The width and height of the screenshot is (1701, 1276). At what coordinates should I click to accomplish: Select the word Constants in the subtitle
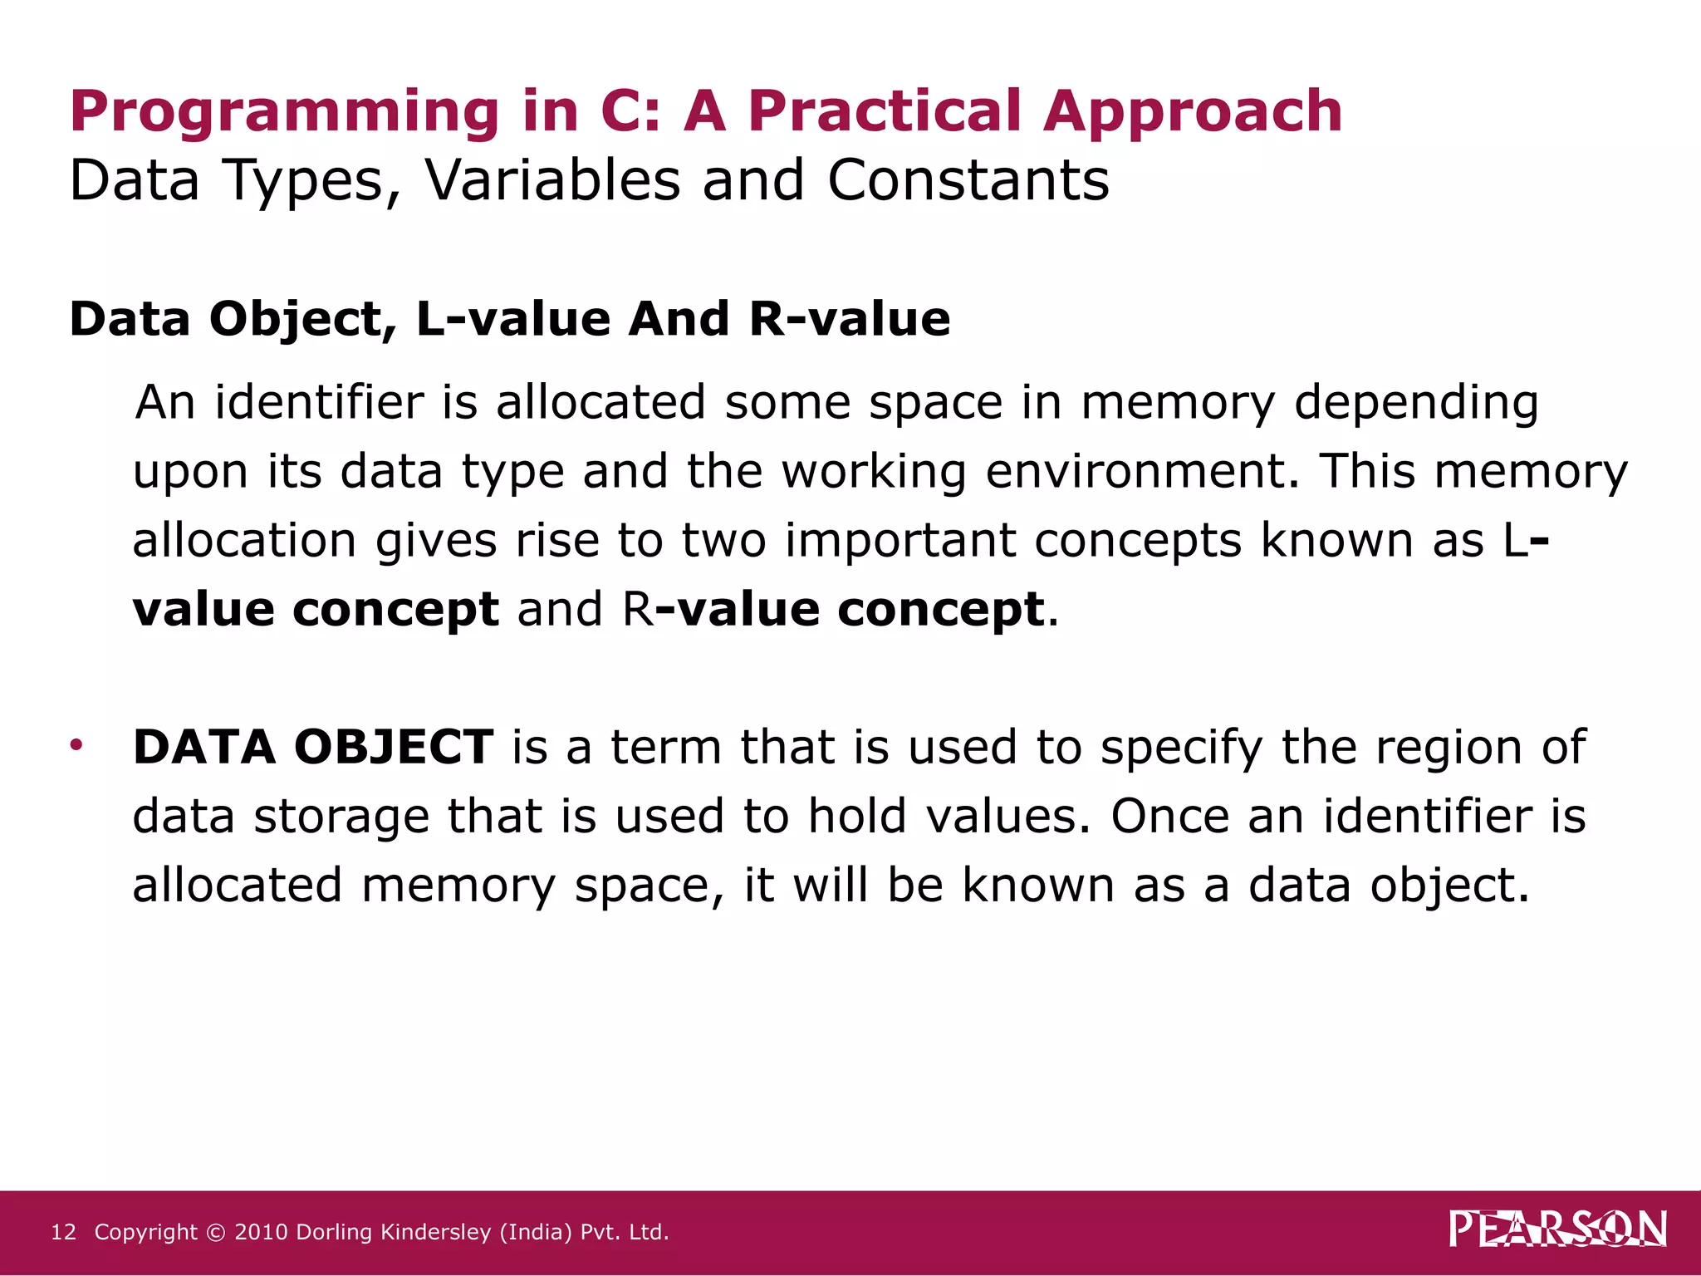pos(968,180)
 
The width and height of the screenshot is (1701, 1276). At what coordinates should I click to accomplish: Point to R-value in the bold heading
pos(849,319)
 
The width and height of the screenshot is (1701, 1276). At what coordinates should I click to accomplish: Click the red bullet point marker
pos(76,744)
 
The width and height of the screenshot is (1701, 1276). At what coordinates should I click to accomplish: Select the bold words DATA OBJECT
pos(313,746)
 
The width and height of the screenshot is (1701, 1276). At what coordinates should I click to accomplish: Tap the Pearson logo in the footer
pos(1557,1229)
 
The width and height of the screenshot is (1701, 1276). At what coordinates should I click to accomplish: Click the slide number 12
pos(63,1232)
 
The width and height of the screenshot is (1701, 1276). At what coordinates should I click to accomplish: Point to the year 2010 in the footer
pos(261,1232)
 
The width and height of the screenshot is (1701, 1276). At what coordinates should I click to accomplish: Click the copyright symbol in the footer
pos(216,1233)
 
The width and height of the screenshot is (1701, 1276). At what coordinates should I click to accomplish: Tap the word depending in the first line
pos(1416,403)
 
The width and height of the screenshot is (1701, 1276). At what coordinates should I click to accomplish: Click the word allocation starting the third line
pos(244,540)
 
